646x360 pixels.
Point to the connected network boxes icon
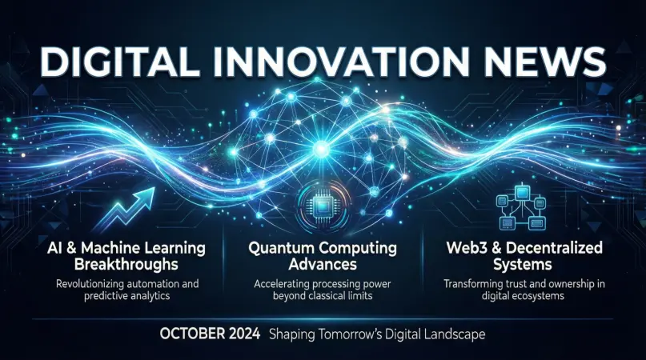tap(523, 206)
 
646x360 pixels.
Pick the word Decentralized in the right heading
tap(555, 248)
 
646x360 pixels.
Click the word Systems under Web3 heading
tap(522, 264)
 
